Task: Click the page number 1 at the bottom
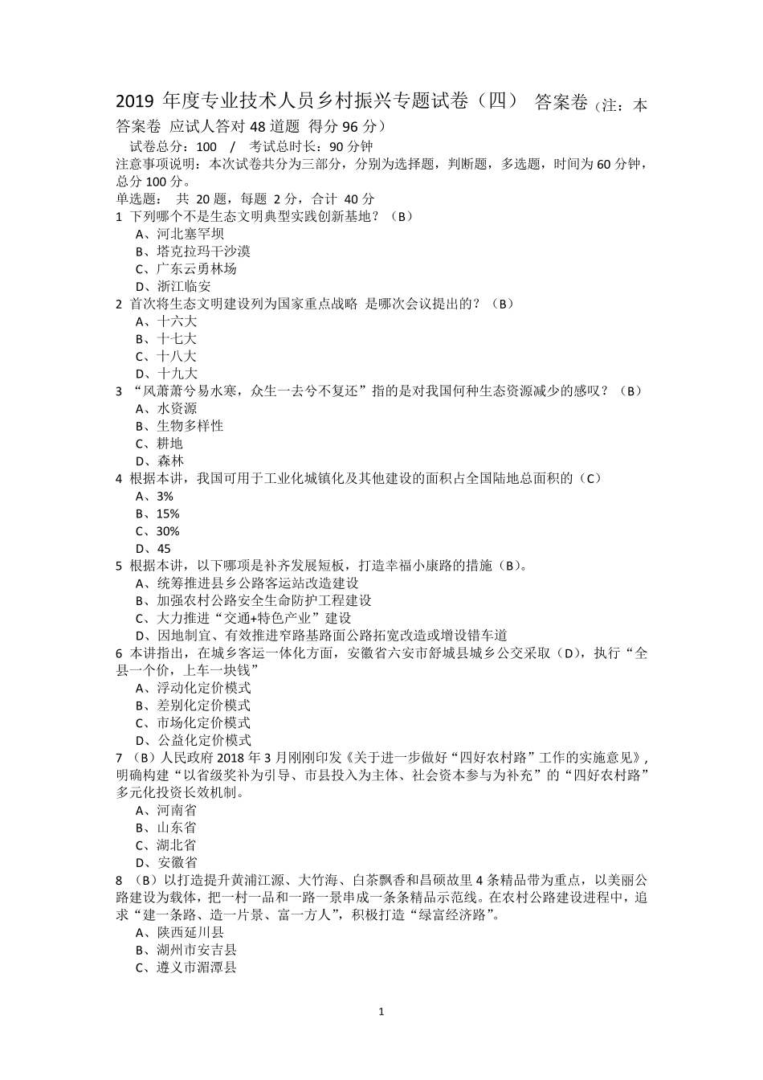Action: pos(381,1011)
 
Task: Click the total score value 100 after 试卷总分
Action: pos(206,146)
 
